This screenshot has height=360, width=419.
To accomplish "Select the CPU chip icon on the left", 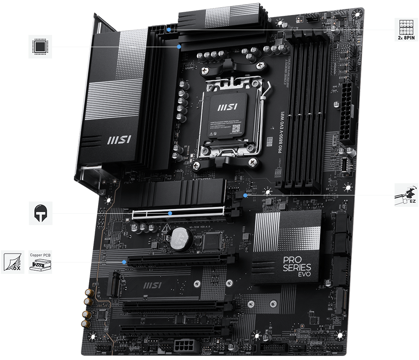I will pyautogui.click(x=40, y=47).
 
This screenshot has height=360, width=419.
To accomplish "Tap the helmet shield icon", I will pyautogui.click(x=40, y=213).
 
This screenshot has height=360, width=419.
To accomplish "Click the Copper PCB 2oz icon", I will pyautogui.click(x=40, y=262).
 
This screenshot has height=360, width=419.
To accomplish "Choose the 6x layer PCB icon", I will pyautogui.click(x=12, y=262).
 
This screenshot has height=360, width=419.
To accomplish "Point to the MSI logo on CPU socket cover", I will pyautogui.click(x=225, y=108).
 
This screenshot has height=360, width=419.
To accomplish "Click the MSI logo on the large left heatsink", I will pyautogui.click(x=118, y=141).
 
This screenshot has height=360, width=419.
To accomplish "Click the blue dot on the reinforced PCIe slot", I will pyautogui.click(x=170, y=213).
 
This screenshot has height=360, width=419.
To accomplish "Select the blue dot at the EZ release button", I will pyautogui.click(x=245, y=195).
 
